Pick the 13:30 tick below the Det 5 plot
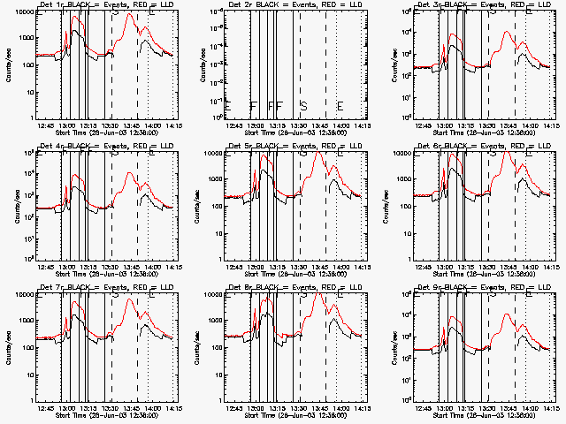click(x=300, y=268)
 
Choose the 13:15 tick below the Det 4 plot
click(x=88, y=268)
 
